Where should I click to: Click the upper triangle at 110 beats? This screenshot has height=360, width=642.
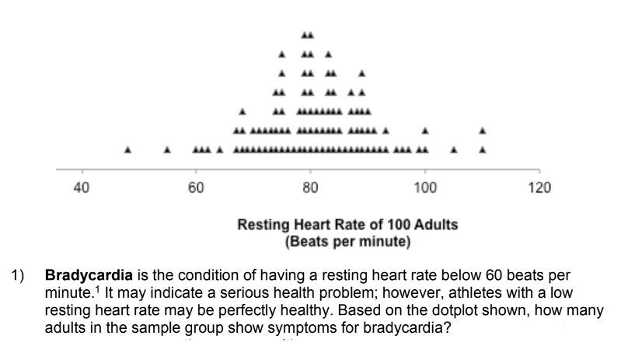(483, 130)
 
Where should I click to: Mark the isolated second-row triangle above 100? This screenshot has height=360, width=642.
(425, 130)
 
